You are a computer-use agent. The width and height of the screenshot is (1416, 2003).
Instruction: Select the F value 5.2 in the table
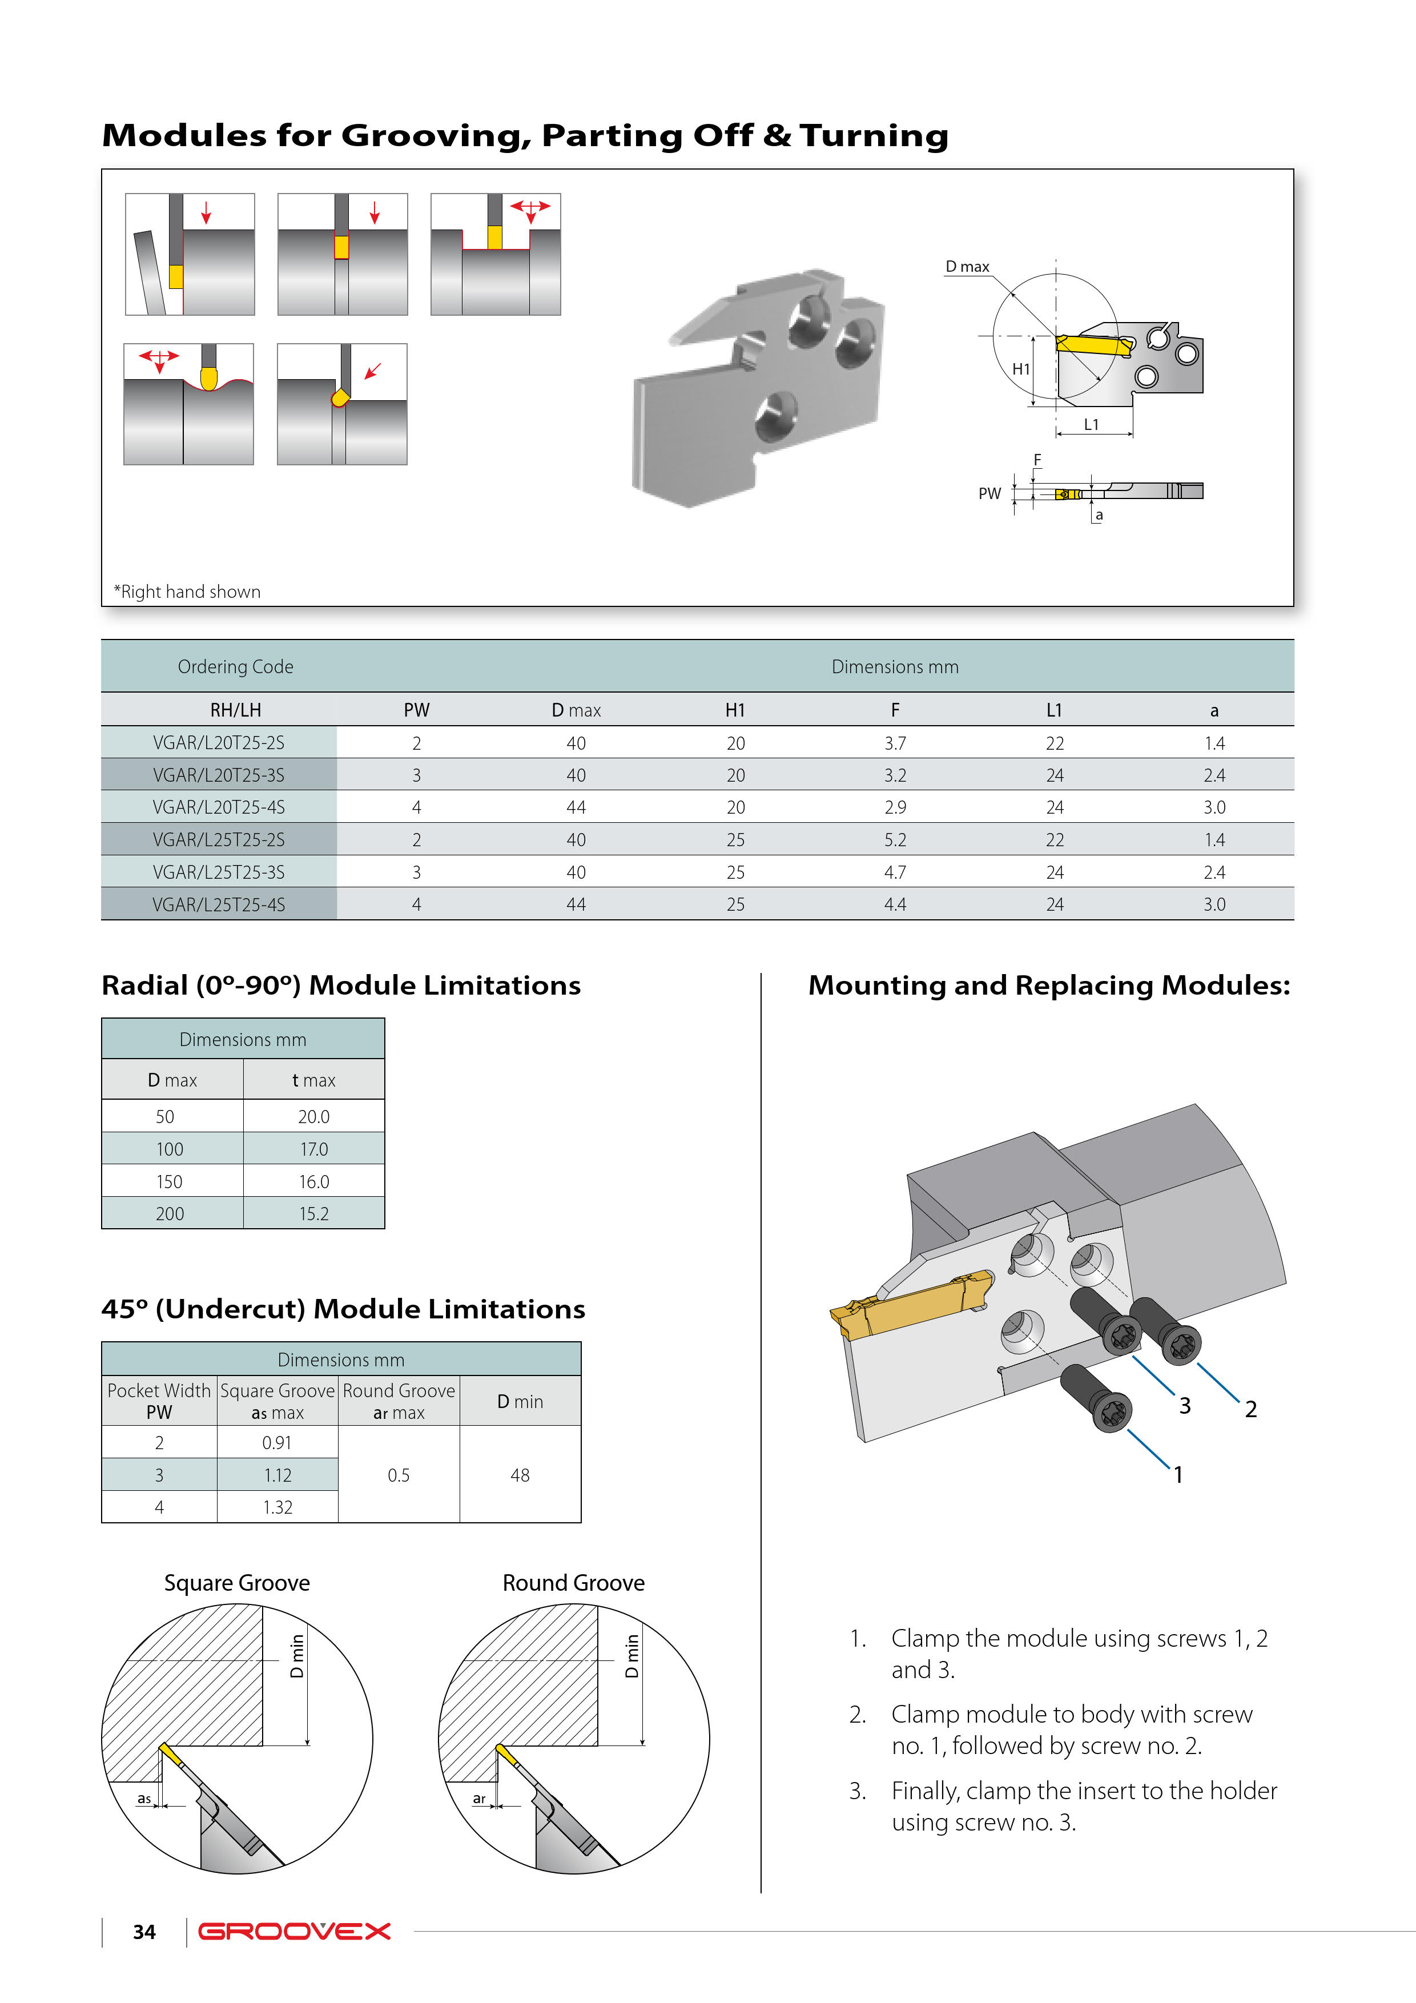895,840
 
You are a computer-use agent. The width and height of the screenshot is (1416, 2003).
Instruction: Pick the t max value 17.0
314,1149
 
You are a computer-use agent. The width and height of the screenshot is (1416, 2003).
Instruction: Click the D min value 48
520,1475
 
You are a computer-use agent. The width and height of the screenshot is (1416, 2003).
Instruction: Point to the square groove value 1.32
277,1507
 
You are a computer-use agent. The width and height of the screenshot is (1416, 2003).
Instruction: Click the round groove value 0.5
399,1475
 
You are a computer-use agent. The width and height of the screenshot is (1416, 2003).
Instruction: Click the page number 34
144,1932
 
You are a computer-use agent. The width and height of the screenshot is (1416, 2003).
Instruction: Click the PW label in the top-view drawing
989,494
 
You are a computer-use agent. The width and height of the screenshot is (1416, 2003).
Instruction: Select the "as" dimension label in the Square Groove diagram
144,1799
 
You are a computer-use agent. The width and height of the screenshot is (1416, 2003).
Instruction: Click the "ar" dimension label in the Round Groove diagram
479,1799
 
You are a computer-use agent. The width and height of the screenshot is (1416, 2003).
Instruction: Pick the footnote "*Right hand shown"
188,592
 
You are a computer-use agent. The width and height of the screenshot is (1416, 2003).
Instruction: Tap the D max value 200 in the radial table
170,1213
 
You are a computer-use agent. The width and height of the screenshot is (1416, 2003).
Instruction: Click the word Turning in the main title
874,136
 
